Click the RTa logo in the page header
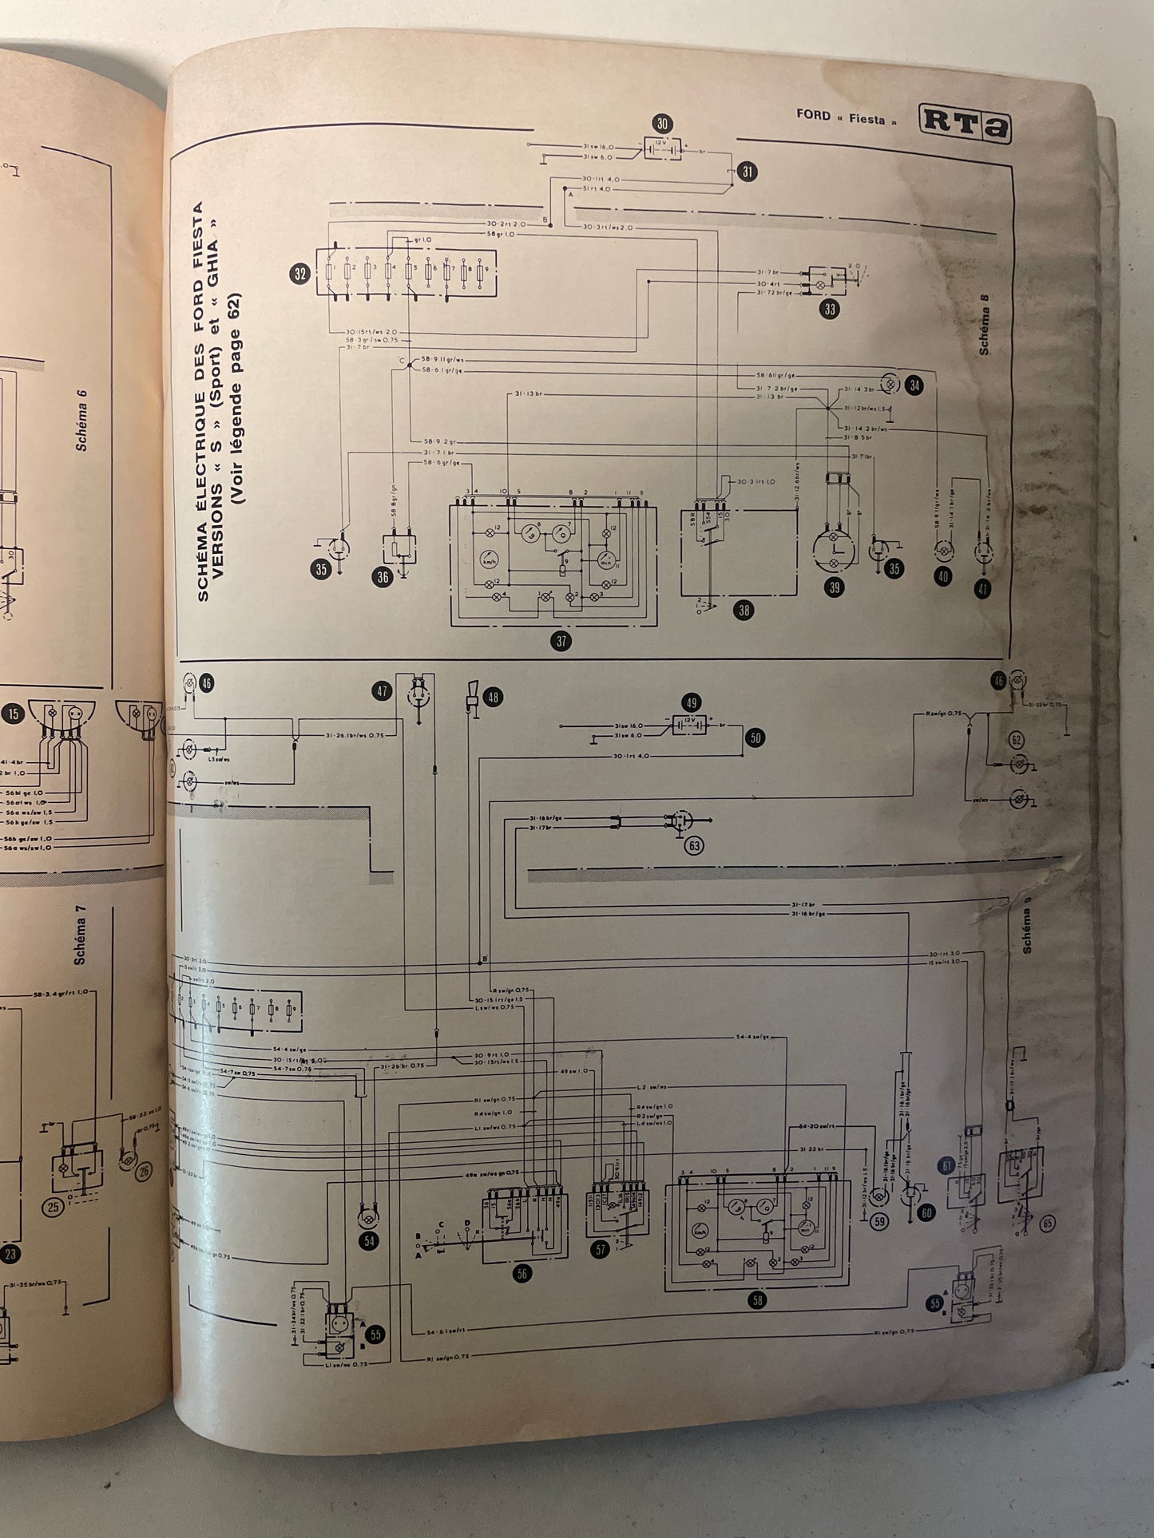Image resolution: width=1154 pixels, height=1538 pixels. (965, 123)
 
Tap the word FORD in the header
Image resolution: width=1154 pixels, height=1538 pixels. (813, 114)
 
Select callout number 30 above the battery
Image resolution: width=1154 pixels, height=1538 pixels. (662, 124)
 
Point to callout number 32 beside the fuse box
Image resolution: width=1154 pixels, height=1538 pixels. (300, 275)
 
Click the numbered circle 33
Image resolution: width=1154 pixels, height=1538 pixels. (830, 309)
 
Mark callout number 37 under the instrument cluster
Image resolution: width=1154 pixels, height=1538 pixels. (562, 641)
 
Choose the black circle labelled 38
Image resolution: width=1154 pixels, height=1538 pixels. (744, 611)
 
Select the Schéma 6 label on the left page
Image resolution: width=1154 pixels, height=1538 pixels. (82, 426)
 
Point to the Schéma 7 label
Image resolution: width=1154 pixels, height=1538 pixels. (80, 935)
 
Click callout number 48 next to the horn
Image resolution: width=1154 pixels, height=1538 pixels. (493, 698)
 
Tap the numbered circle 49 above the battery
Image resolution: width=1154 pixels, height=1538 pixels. (692, 703)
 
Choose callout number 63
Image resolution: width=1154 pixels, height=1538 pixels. (694, 845)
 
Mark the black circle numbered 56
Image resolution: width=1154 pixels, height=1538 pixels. (522, 1273)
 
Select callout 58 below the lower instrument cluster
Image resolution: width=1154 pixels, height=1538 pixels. (757, 1299)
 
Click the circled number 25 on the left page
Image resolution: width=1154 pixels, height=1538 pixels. (54, 1206)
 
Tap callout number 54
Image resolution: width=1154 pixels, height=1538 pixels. (369, 1240)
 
